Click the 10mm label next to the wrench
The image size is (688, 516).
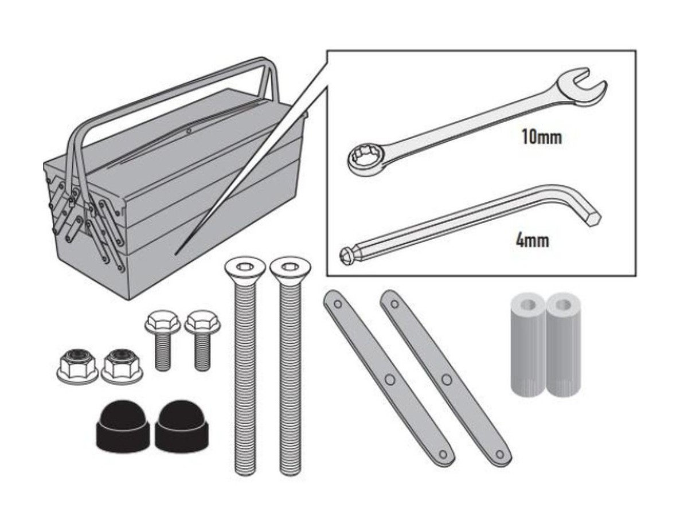[542, 137]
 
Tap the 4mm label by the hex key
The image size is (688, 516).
[532, 241]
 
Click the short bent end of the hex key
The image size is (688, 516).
[586, 209]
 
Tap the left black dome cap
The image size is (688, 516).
[123, 427]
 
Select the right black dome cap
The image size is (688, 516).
[181, 427]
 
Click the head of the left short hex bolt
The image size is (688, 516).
[162, 322]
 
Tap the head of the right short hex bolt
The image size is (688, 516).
[202, 322]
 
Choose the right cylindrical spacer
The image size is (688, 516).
[563, 345]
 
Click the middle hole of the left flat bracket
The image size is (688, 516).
[390, 380]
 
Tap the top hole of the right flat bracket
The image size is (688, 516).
[395, 304]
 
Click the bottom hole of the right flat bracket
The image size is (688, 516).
[500, 454]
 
